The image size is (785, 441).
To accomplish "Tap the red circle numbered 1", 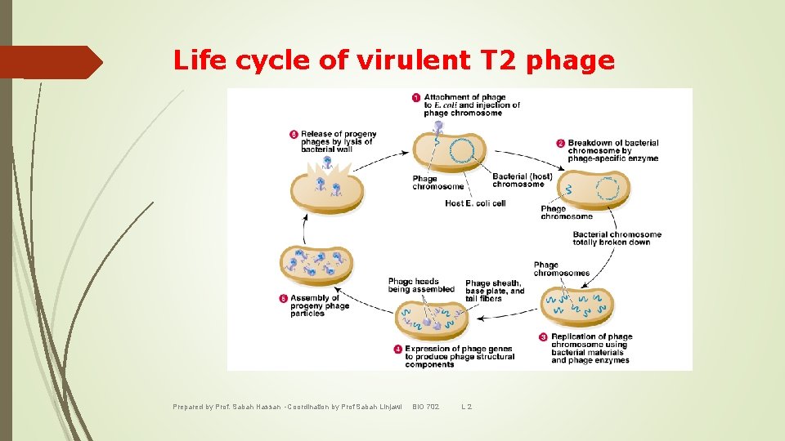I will click(x=416, y=98).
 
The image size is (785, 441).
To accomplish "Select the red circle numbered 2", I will click(x=560, y=143).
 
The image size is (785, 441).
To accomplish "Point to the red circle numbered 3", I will click(x=543, y=336).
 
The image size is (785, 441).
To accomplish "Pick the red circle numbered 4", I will click(x=397, y=349).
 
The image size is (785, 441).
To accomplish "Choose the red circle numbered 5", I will click(x=283, y=298).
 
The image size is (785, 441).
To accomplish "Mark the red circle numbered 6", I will click(x=294, y=134).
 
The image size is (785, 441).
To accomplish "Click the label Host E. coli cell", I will click(x=475, y=203).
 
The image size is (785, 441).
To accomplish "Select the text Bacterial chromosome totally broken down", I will click(x=617, y=238).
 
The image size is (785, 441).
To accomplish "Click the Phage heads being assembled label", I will click(x=420, y=285).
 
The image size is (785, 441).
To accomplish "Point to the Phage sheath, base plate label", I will click(x=495, y=287).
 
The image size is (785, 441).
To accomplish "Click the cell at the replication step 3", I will click(x=579, y=307).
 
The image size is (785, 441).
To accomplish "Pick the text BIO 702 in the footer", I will click(x=425, y=407).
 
